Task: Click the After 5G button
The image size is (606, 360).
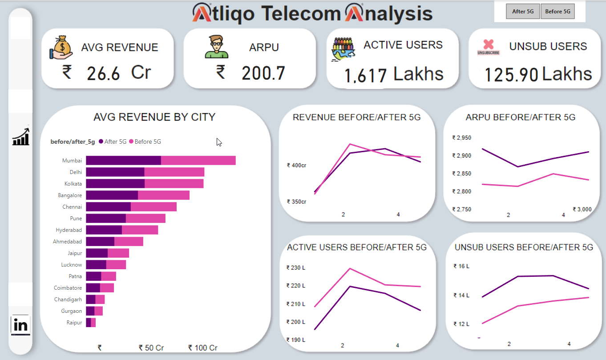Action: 523,12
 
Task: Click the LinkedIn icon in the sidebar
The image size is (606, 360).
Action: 20,325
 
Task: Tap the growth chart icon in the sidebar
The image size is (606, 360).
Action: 21,137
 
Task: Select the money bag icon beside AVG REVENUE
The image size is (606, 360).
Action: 61,48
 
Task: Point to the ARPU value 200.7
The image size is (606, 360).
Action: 263,73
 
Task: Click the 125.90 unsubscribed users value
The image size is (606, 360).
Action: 511,75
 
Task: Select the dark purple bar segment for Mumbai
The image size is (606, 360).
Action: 123,161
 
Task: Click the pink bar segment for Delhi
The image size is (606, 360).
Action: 174,172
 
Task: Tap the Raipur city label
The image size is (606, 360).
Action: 74,323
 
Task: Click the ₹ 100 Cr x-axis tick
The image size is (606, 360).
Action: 203,348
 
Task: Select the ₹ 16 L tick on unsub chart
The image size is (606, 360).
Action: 461,266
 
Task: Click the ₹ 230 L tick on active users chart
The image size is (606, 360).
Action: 295,267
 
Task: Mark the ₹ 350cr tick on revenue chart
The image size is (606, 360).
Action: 296,202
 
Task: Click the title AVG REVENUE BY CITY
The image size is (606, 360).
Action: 154,117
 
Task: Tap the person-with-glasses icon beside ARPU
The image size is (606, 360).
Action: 216,47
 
